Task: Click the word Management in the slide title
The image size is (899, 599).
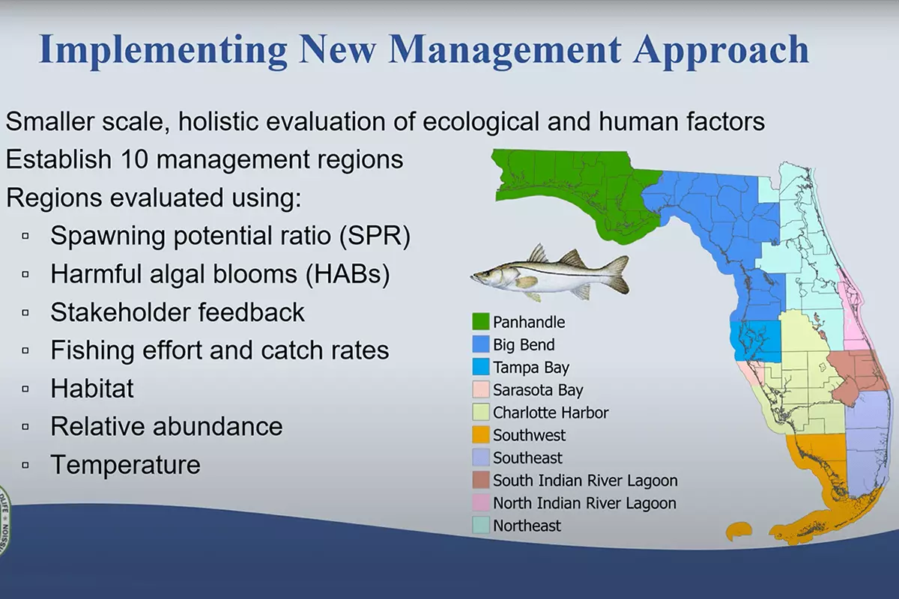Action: [505, 50]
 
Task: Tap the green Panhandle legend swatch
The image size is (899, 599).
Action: [480, 322]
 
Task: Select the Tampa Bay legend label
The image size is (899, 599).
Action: [531, 368]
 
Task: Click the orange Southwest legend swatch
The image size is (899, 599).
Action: [480, 434]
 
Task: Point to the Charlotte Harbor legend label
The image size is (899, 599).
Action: [551, 413]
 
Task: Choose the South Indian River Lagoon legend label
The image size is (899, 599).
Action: [585, 481]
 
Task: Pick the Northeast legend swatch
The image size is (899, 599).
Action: [480, 525]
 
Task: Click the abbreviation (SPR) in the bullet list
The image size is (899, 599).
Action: [375, 236]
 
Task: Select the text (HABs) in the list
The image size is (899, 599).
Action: [348, 274]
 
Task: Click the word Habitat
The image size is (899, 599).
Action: [92, 389]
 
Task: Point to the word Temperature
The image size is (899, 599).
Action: [125, 465]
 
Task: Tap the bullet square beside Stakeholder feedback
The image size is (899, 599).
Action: [25, 312]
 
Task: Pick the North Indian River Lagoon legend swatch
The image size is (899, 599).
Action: [480, 502]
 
